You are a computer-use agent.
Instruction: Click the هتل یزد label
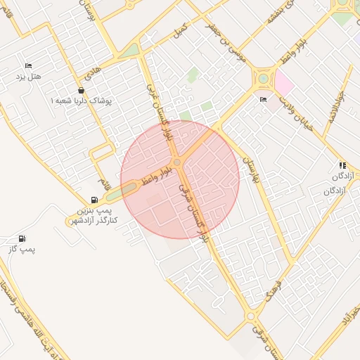point(30,75)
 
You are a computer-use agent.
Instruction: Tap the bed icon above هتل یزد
point(28,65)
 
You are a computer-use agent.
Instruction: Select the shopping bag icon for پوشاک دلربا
point(82,91)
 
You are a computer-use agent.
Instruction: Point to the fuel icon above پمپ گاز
point(22,239)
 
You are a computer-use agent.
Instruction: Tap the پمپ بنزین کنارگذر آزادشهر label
point(96,216)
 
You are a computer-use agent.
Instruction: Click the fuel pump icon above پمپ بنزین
point(95,200)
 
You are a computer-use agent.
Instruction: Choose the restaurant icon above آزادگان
point(342,165)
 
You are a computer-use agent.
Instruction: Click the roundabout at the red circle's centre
point(178,163)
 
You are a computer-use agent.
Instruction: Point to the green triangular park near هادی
point(129,51)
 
